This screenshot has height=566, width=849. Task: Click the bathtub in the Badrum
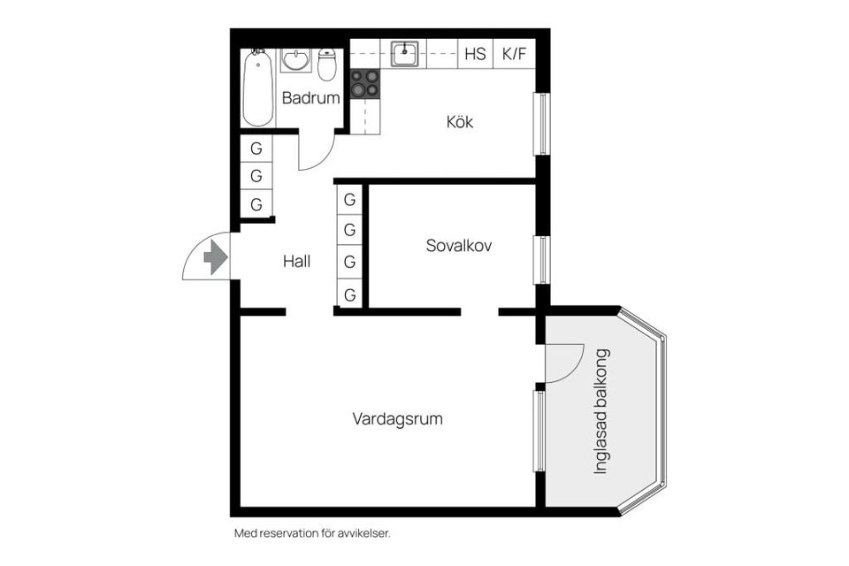point(257,88)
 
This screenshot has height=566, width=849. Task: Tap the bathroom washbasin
point(295,60)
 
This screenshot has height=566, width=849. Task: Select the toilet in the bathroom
point(327,65)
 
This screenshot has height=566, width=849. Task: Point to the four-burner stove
point(364,83)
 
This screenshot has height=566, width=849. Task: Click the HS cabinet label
point(475,54)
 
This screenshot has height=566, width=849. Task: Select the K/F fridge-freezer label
point(514,54)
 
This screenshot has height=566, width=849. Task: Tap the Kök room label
point(459,122)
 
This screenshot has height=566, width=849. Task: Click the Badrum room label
point(310,98)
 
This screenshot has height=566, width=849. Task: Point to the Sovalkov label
point(458,246)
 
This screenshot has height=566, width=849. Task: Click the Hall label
point(296,261)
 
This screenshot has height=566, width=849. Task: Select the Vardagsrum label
point(397,418)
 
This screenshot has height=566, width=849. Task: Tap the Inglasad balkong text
point(601,411)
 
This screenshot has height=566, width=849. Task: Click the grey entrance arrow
point(215,257)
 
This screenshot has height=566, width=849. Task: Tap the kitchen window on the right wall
point(540,124)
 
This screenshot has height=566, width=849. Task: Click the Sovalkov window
point(540,259)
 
